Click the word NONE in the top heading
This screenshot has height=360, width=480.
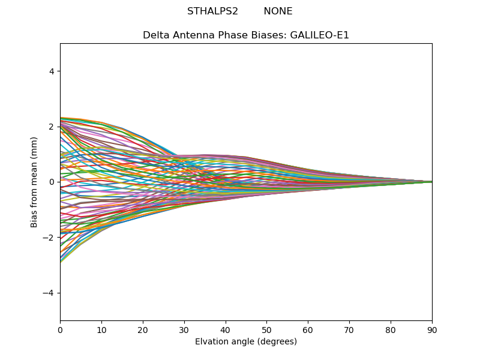click(278, 11)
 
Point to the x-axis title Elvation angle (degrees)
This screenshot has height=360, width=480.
click(246, 342)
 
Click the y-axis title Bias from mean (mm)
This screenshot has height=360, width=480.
click(34, 182)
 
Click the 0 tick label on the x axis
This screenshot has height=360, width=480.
click(60, 329)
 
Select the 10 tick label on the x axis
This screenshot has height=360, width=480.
click(101, 329)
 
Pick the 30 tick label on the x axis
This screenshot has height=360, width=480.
click(184, 329)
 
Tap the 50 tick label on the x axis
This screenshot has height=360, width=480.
click(266, 329)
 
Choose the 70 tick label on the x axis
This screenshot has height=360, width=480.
click(349, 329)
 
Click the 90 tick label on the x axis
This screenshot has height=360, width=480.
click(432, 329)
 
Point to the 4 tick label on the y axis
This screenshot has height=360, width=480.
click(52, 71)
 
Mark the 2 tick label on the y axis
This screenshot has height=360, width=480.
click(52, 127)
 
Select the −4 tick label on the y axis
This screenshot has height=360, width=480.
click(49, 293)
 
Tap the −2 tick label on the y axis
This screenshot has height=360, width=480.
click(49, 238)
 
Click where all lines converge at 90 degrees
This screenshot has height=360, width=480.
click(431, 182)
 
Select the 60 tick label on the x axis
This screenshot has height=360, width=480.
click(308, 329)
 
